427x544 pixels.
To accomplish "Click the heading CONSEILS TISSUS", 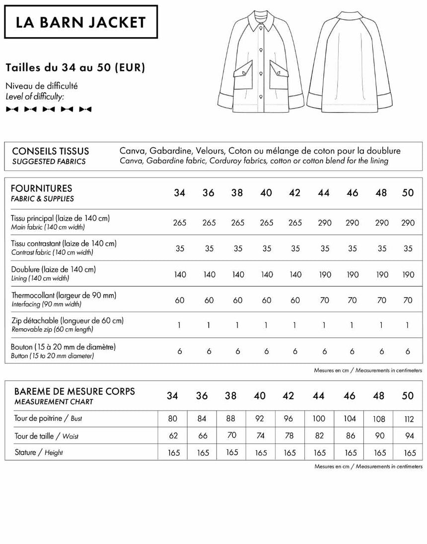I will (50, 151).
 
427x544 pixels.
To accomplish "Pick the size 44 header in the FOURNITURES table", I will (324, 193).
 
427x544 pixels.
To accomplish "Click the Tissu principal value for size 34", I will (180, 223).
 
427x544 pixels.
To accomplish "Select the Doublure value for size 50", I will (408, 274).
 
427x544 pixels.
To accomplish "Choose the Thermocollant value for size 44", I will (324, 300).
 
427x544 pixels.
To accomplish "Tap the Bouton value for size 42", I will (295, 351).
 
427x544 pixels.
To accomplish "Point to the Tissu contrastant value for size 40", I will (267, 248).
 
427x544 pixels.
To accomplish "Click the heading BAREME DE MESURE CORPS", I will (73, 391).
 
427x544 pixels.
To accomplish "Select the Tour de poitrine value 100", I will (319, 419).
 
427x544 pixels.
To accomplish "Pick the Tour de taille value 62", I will (172, 436).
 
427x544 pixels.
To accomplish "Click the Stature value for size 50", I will (410, 453).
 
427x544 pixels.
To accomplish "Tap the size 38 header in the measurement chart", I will (231, 396).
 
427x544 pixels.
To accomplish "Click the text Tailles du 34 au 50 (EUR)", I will (75, 67).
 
